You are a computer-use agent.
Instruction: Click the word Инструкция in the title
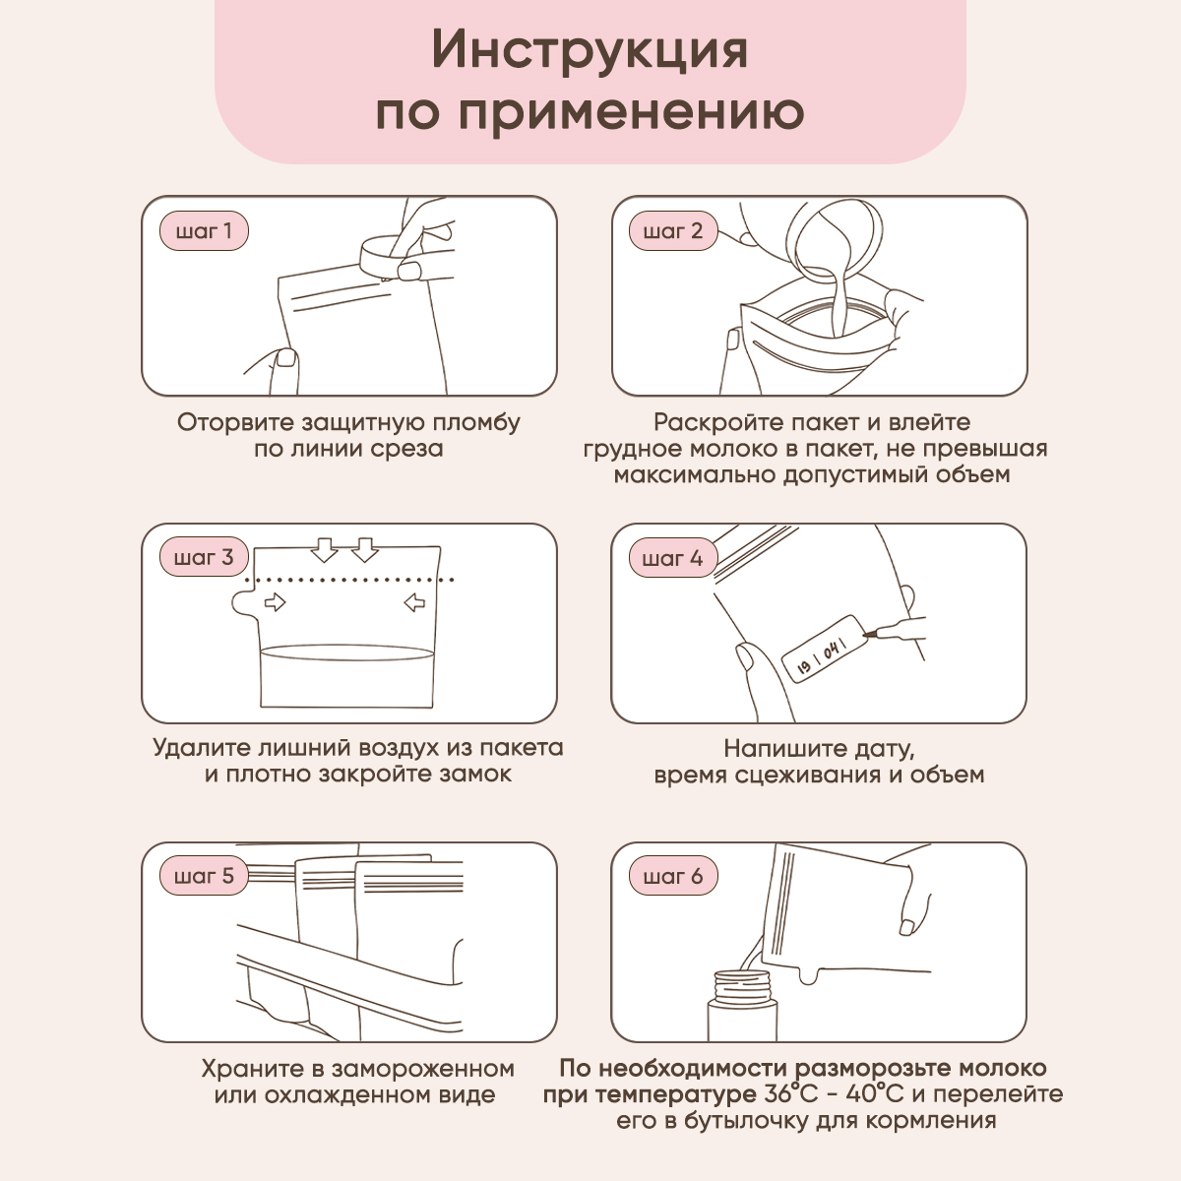click(x=590, y=51)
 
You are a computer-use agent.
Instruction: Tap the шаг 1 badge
click(x=204, y=231)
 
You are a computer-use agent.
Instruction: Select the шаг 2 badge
click(x=673, y=231)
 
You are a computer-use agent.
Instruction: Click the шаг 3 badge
click(x=204, y=558)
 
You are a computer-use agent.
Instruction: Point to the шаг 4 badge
click(x=673, y=558)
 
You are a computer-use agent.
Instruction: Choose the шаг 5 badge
click(x=204, y=876)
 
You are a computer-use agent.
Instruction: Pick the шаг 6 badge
click(x=673, y=876)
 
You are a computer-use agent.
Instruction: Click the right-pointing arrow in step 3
click(x=275, y=602)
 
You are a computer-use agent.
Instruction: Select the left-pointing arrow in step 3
click(x=414, y=602)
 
